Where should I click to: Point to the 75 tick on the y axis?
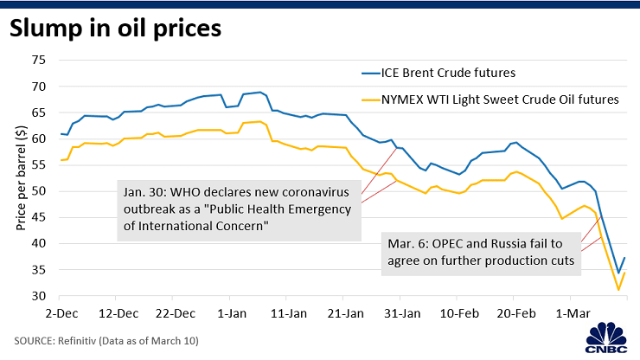[38, 60]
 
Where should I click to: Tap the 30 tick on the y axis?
[38, 296]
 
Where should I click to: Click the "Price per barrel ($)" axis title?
[19, 178]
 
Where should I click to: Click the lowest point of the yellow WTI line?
[618, 290]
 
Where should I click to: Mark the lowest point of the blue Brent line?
[618, 273]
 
